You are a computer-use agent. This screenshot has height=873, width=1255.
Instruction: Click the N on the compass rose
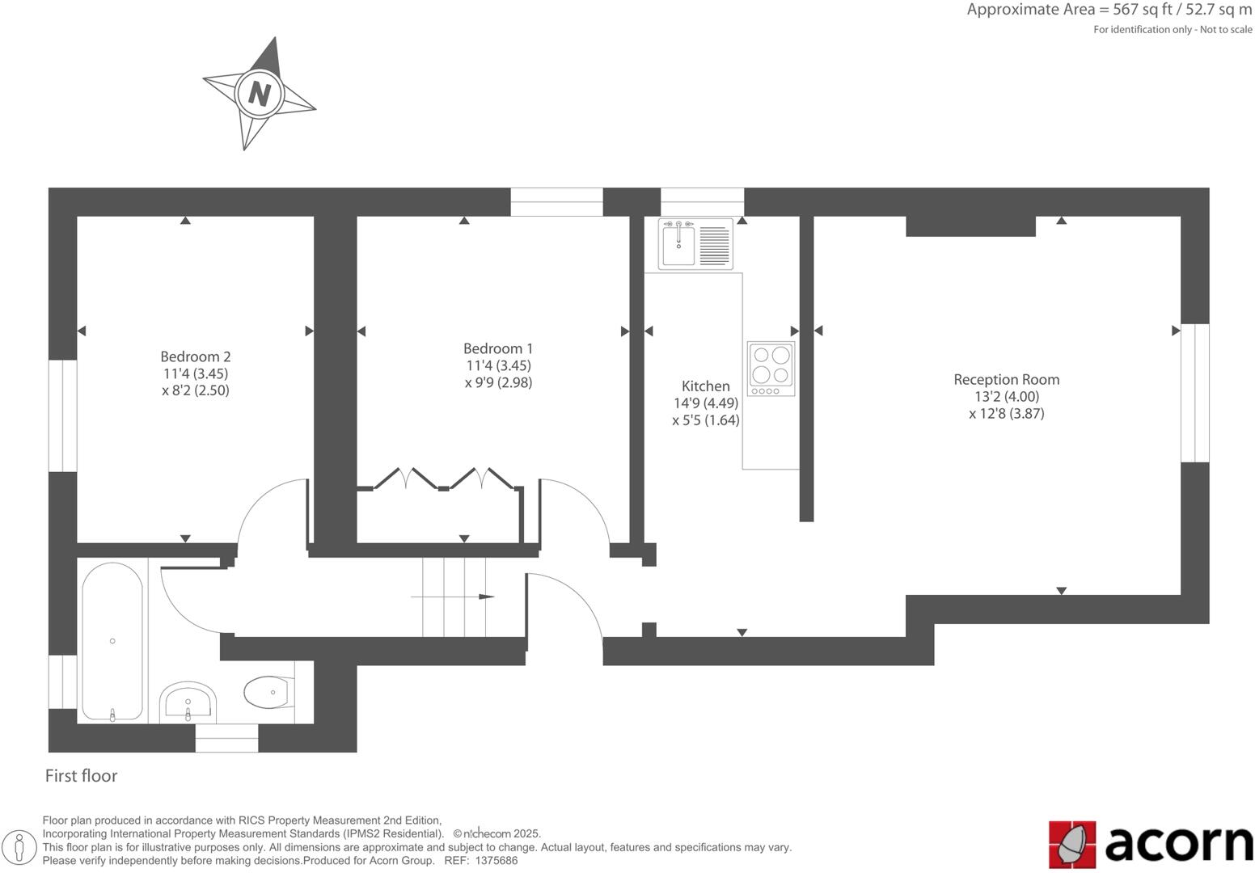pyautogui.click(x=259, y=94)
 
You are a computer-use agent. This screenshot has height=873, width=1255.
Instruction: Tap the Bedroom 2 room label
pyautogui.click(x=196, y=356)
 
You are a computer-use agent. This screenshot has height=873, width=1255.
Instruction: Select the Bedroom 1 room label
pyautogui.click(x=498, y=348)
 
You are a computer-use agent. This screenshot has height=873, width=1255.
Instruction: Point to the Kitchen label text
pyautogui.click(x=705, y=386)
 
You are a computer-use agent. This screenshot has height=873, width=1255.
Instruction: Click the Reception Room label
pyautogui.click(x=1006, y=379)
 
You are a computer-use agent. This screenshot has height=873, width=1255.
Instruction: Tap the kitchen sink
pyautogui.click(x=678, y=243)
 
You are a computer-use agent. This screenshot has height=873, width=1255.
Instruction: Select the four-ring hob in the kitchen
pyautogui.click(x=771, y=368)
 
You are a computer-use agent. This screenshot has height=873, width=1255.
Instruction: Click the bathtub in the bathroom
pyautogui.click(x=112, y=641)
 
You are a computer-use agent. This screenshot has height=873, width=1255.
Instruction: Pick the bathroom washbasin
pyautogui.click(x=188, y=702)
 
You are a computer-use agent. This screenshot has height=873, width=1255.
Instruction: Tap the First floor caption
pyautogui.click(x=81, y=776)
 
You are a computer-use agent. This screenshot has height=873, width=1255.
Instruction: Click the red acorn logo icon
pyautogui.click(x=1072, y=845)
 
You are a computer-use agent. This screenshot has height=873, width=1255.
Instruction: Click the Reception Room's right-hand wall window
pyautogui.click(x=1195, y=393)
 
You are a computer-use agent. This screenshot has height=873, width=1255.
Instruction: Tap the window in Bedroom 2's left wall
pyautogui.click(x=62, y=415)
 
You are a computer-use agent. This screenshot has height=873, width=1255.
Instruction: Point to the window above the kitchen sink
pyautogui.click(x=702, y=201)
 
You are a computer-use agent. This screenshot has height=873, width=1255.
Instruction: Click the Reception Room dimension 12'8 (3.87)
pyautogui.click(x=1006, y=414)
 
